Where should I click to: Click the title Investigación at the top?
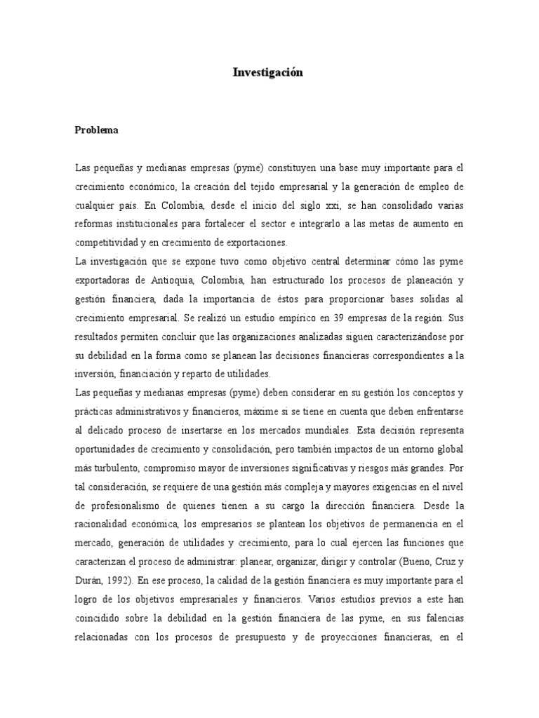coord(268,73)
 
